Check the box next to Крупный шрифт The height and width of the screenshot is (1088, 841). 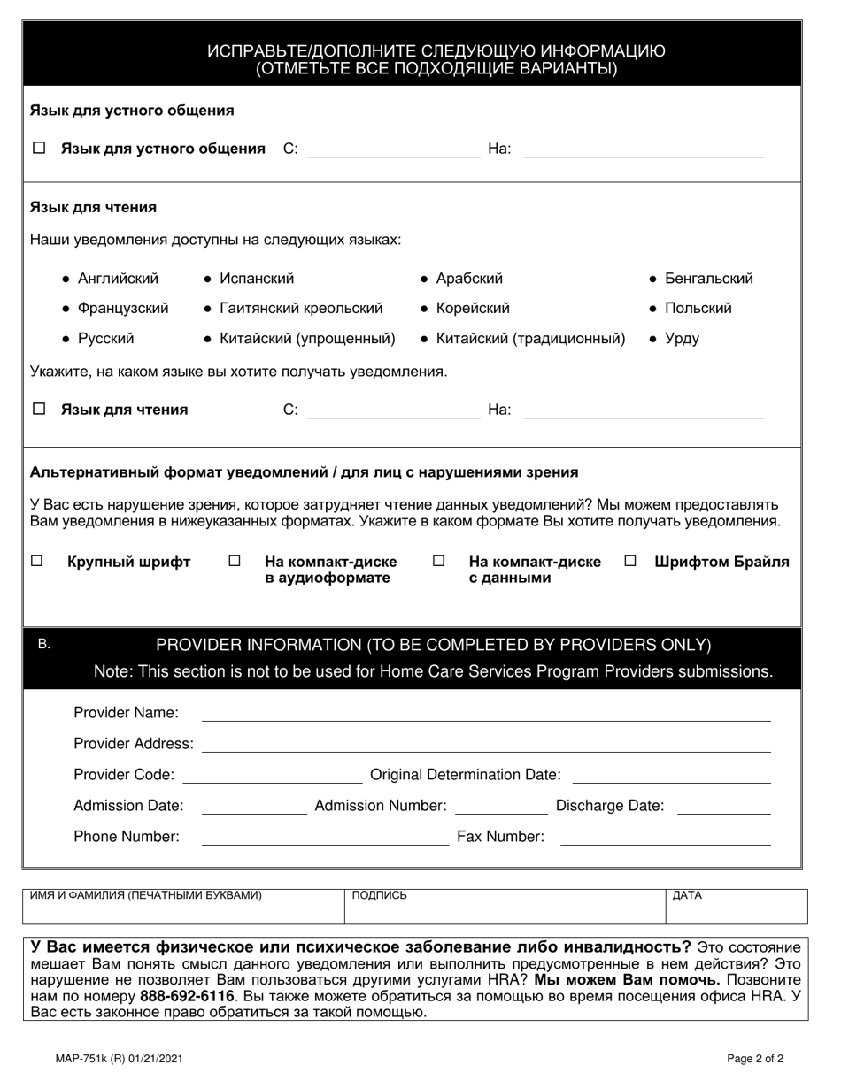(37, 561)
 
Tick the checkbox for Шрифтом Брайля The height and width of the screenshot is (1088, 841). (630, 561)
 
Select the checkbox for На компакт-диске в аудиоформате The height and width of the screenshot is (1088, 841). (235, 561)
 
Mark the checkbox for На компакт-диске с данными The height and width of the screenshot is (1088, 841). (438, 561)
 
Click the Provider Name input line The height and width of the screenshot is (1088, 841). (486, 713)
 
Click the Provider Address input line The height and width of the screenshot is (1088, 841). (486, 744)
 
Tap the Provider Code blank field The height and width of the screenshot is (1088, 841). (271, 775)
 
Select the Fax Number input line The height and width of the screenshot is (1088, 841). (666, 837)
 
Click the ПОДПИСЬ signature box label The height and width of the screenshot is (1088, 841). (379, 895)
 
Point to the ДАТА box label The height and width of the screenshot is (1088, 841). (687, 895)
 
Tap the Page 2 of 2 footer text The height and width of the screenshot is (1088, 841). (755, 1058)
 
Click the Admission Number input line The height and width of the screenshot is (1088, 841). (500, 806)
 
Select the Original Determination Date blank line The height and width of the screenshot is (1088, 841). (672, 775)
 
